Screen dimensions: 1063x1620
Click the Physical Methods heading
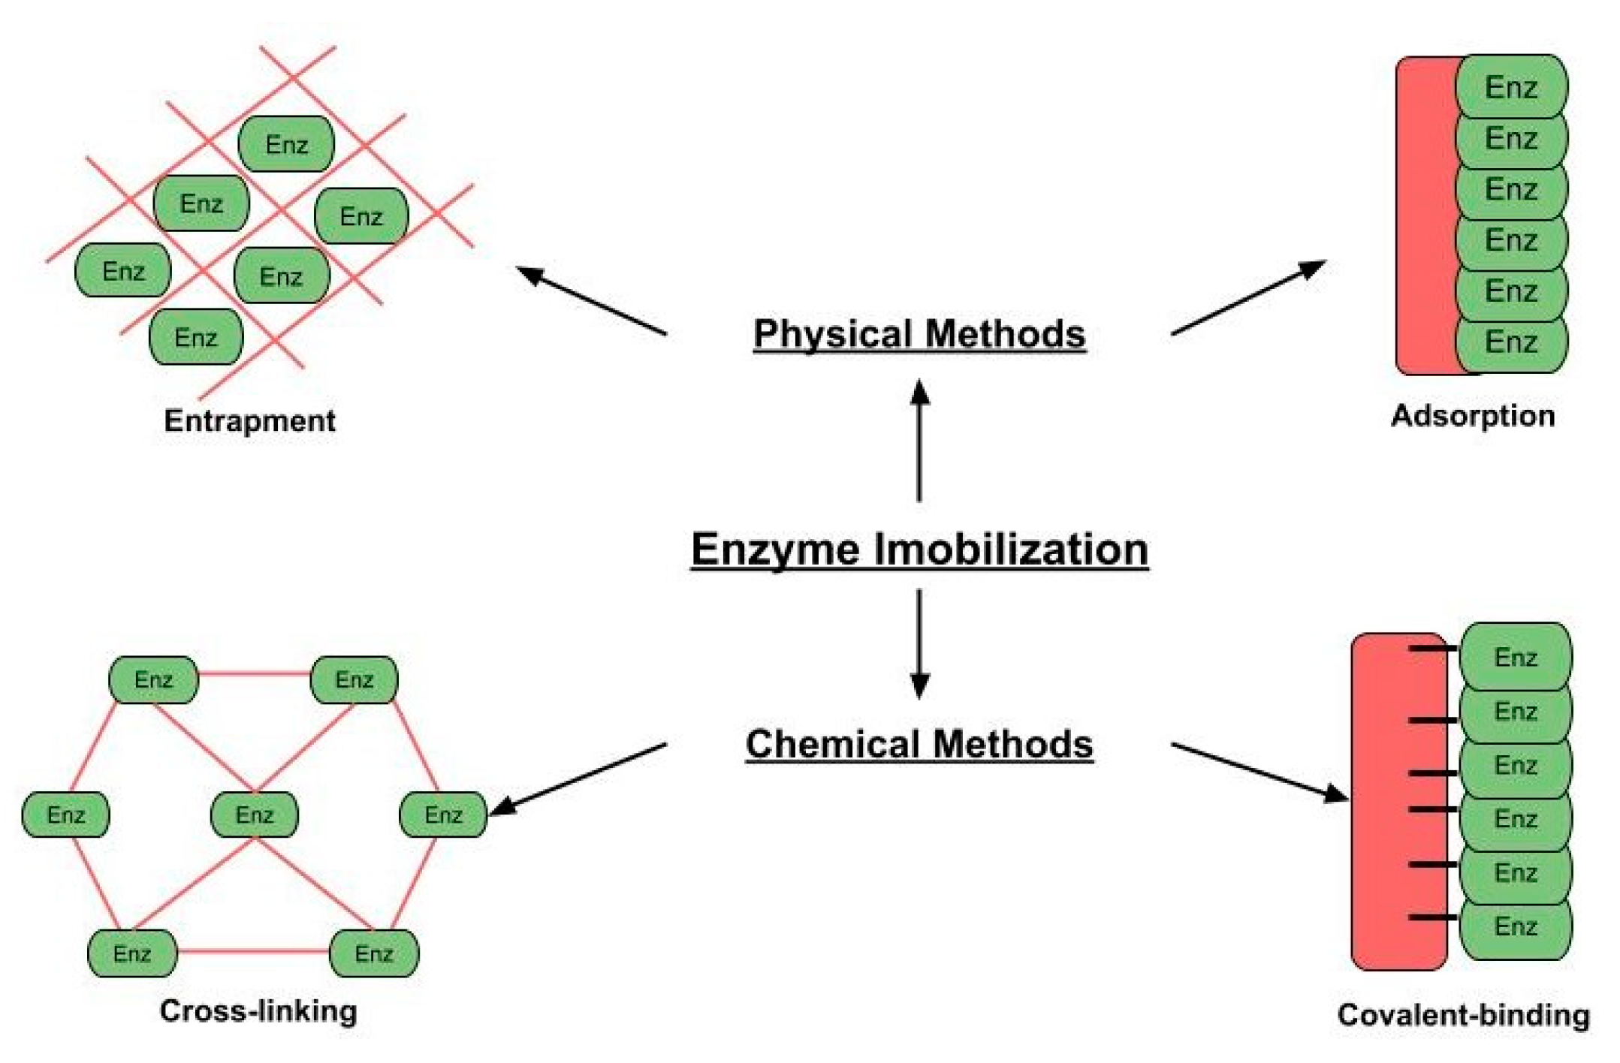919,334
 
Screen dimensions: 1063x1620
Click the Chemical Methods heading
919,744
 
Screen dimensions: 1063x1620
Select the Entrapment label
249,420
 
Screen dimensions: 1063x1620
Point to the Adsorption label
1472,415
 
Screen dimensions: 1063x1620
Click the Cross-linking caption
258,1010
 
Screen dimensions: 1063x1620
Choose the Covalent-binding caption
1463,1014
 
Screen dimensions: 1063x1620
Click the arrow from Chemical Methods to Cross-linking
578,778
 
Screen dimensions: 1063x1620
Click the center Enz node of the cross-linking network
254,815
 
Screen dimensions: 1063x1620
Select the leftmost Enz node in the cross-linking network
65,815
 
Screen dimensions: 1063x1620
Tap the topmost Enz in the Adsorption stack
1511,87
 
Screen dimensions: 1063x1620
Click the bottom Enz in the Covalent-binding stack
1515,926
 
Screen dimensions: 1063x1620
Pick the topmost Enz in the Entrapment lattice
286,144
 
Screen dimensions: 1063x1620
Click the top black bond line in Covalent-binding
1433,648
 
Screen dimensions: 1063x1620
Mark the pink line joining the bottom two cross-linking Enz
253,952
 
